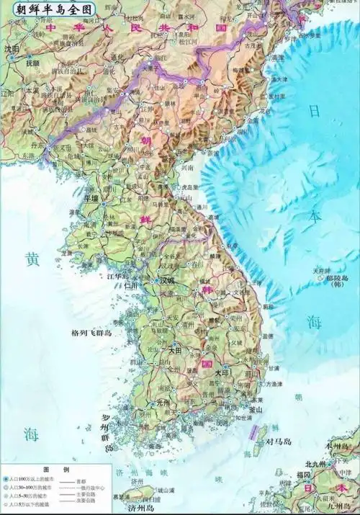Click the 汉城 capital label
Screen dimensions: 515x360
point(166,280)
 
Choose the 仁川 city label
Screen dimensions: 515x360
point(131,286)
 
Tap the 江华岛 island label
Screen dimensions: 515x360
point(117,275)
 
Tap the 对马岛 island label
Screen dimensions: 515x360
point(278,442)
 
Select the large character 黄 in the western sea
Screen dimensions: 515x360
point(30,259)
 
